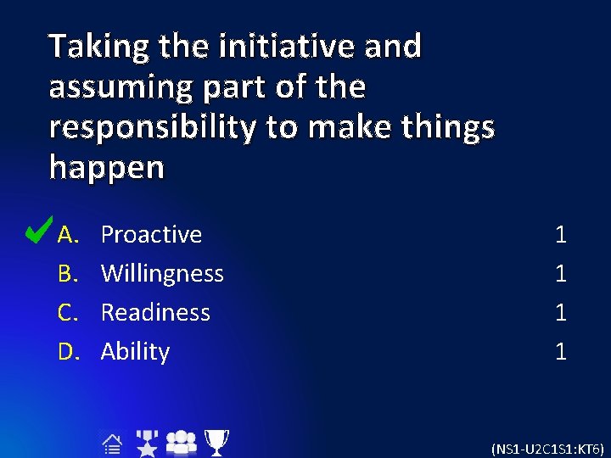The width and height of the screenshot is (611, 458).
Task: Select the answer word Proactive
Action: point(151,234)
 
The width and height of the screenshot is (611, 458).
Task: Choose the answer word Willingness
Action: point(162,273)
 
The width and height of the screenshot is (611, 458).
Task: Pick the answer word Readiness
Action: point(155,312)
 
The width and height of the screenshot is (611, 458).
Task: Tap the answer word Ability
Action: point(135,351)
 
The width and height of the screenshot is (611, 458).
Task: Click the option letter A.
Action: point(68,234)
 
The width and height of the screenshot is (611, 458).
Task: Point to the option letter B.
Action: point(68,273)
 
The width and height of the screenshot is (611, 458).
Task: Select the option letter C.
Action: point(68,312)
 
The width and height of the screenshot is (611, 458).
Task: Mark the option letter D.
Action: point(68,351)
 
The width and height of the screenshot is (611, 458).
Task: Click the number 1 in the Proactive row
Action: point(560,235)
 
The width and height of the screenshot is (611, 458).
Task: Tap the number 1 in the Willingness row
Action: point(560,274)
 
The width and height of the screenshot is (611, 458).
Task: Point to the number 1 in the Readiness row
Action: point(560,313)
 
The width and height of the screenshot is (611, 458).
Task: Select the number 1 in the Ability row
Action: point(560,352)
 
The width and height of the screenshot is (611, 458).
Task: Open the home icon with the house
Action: point(110,444)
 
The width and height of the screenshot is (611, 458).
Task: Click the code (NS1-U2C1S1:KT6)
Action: point(548,448)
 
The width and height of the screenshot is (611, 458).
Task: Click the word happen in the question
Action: point(106,168)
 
